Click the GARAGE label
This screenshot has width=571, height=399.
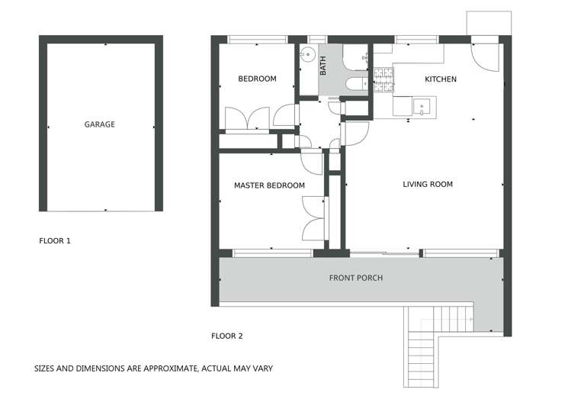99,124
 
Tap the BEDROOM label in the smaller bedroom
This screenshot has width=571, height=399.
257,79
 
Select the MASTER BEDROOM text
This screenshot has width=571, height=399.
269,185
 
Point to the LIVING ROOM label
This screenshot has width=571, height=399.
428,184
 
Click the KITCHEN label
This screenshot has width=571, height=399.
440,79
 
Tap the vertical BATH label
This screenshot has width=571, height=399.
323,66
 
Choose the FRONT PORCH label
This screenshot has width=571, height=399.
355,278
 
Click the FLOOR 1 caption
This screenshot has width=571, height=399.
54,241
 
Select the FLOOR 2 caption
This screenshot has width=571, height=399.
226,336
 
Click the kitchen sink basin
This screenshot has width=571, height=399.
422,105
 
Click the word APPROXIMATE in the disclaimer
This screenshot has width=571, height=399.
162,368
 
